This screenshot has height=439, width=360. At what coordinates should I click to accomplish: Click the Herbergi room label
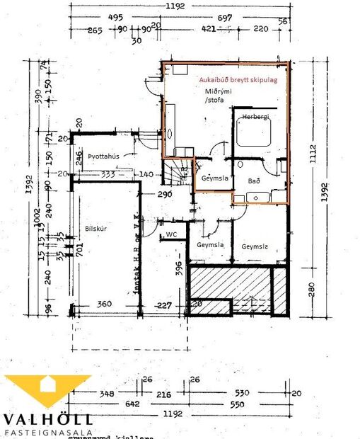click(255, 116)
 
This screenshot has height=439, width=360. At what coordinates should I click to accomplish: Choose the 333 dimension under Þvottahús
click(108, 173)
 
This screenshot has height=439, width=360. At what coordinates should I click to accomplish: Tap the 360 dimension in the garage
click(104, 305)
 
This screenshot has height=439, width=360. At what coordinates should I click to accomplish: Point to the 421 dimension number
click(208, 29)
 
